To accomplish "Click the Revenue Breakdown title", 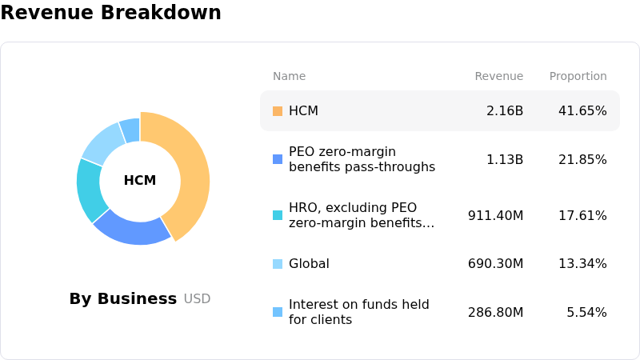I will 110,13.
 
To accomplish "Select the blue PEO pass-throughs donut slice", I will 132,229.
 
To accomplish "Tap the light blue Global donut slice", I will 103,142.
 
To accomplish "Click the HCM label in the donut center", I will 140,181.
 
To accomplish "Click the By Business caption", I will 122,298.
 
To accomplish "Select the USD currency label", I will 197,299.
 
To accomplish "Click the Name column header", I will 289,76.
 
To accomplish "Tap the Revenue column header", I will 498,76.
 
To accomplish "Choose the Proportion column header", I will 578,76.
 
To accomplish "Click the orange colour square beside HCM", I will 278,111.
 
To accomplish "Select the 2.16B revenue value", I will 505,111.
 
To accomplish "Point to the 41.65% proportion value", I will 582,111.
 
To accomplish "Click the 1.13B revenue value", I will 505,159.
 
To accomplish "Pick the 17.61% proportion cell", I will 582,215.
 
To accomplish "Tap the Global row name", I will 309,264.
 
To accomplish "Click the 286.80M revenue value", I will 495,312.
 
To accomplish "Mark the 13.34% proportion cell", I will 582,264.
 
